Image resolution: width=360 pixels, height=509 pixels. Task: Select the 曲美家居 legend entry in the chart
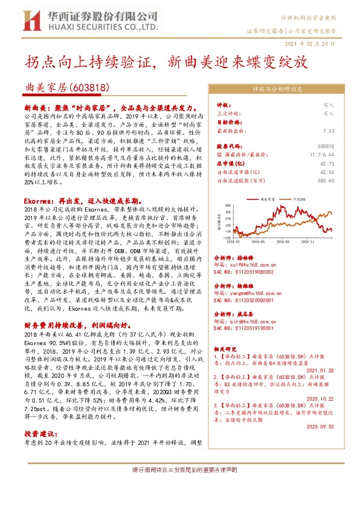click(266, 198)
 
